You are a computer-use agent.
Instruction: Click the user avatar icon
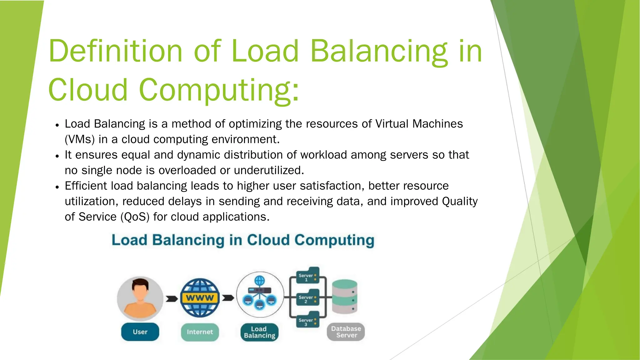point(140,298)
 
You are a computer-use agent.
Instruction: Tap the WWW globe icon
point(200,298)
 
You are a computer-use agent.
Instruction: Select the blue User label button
point(140,332)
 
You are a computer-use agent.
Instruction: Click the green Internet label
point(200,332)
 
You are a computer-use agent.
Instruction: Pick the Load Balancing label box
point(259,332)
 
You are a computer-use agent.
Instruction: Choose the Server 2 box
point(307,298)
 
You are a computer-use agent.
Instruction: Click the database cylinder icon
point(344,297)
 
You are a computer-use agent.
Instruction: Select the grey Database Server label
point(346,332)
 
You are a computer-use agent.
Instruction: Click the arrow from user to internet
point(172,299)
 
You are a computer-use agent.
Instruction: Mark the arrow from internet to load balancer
point(228,298)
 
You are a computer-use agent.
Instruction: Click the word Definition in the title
point(115,51)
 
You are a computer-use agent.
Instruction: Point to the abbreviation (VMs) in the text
point(80,139)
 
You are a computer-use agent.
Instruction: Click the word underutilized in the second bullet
point(269,170)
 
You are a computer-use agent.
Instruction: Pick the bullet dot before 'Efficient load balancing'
point(57,187)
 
